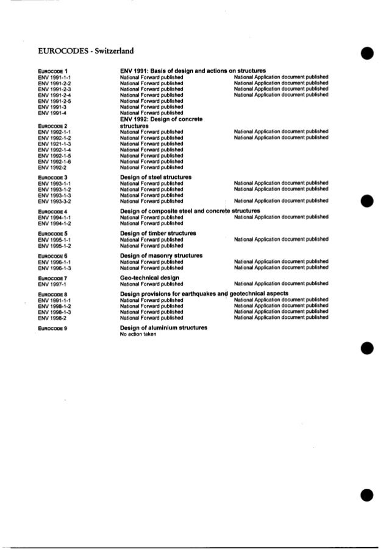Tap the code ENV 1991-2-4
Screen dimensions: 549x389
point(54,95)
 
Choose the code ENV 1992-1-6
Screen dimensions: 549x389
point(54,161)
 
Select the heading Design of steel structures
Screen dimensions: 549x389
point(155,177)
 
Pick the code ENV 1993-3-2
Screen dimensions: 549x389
point(54,201)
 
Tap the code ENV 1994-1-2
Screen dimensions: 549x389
point(54,223)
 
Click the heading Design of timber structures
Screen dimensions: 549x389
point(158,233)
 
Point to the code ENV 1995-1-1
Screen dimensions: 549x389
point(54,240)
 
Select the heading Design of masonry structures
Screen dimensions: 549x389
point(161,256)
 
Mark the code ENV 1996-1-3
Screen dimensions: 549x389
point(54,268)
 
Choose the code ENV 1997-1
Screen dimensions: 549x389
point(52,284)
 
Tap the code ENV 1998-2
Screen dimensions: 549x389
point(52,318)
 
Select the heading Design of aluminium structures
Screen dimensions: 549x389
point(163,327)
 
